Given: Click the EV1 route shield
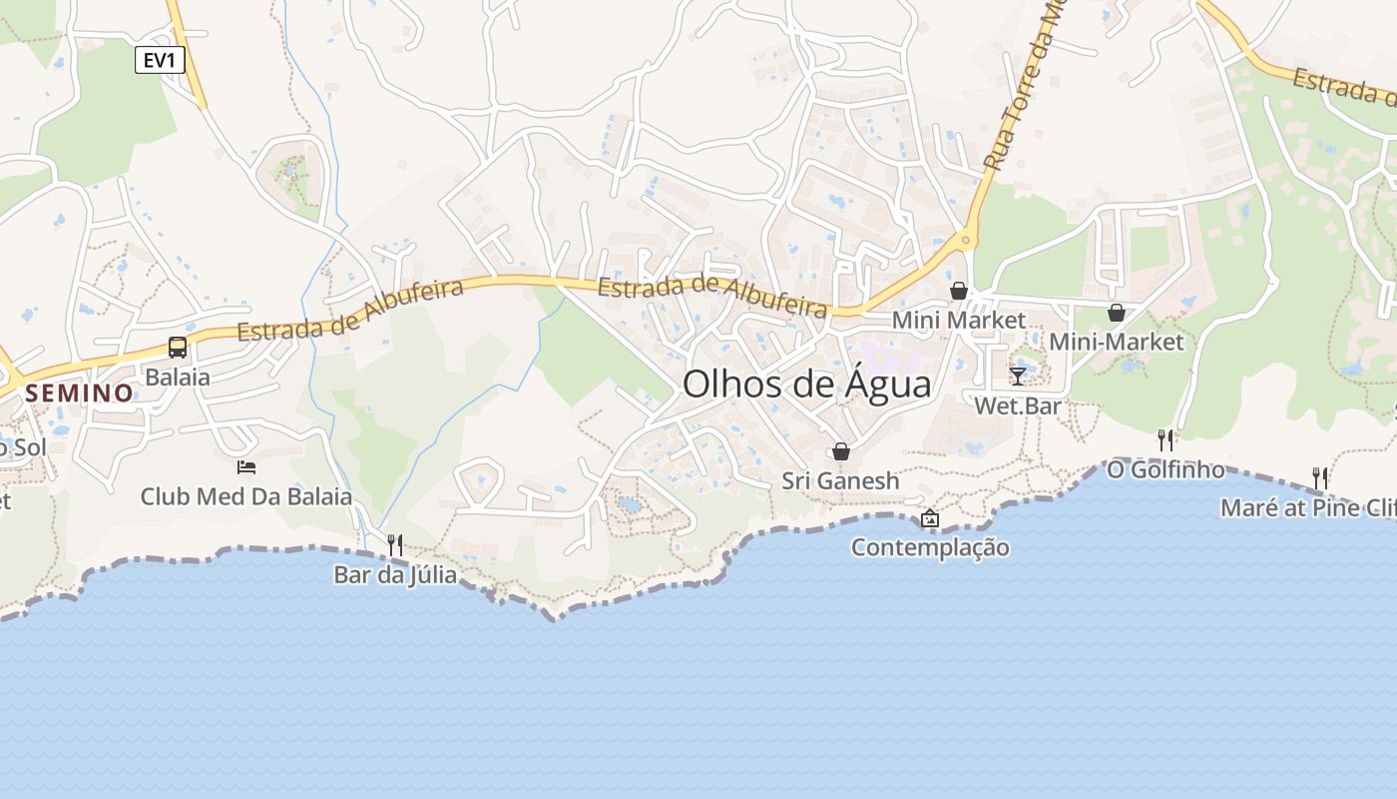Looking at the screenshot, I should click(x=160, y=61).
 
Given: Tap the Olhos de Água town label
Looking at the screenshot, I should click(x=806, y=385).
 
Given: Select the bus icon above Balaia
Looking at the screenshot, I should click(x=178, y=348).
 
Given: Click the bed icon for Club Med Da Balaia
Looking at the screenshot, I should click(x=246, y=466).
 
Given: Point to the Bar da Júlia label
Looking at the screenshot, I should click(x=395, y=575).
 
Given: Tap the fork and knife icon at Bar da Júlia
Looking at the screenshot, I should click(x=395, y=544).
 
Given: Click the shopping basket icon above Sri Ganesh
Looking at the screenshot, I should click(x=841, y=451).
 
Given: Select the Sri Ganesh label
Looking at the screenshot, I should click(x=840, y=480).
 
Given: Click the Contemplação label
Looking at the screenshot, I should click(x=930, y=547).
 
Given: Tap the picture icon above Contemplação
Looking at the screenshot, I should click(x=930, y=517).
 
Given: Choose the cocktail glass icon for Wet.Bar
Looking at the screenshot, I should click(x=1018, y=376).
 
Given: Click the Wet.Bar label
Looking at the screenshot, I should click(x=1018, y=405).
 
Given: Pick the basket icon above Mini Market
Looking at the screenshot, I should click(x=959, y=291).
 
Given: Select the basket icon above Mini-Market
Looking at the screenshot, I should click(x=1117, y=313).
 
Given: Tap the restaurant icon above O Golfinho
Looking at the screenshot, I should click(x=1165, y=439).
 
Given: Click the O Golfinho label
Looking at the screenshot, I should click(x=1165, y=469).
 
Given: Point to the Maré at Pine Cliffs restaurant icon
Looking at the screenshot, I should click(x=1320, y=477).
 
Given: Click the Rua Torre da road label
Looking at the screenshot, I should click(x=1024, y=90).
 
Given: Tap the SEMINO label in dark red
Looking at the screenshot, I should click(x=80, y=393).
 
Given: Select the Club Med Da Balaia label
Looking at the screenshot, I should click(x=246, y=496).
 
